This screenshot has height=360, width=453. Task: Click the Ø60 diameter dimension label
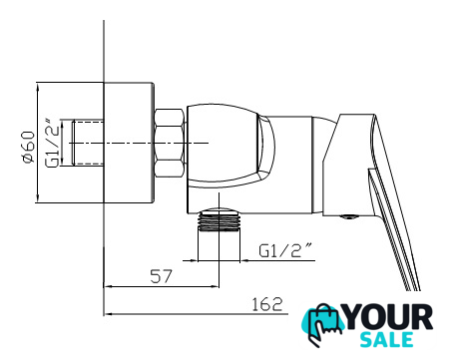pos(29,147)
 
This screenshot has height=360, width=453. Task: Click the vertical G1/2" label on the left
pos(53,143)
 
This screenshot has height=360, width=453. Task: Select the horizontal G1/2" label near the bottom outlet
pos(286,250)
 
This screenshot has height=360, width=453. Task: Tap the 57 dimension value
pos(162,276)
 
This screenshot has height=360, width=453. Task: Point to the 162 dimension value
pos(266,304)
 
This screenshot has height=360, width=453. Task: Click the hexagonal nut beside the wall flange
pos(170,143)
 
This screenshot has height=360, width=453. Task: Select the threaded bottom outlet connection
pos(219,219)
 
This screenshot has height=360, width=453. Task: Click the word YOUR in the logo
pos(388,318)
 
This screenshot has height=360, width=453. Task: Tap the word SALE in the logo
pos(386,340)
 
